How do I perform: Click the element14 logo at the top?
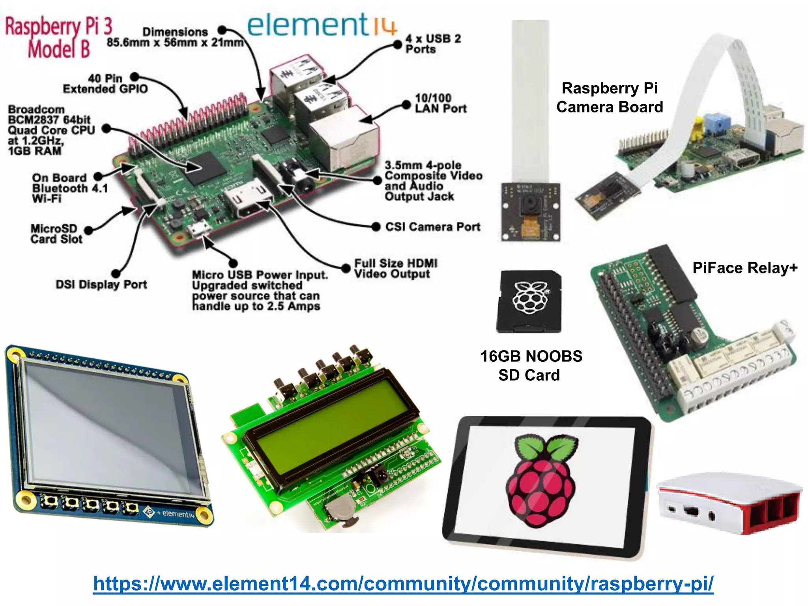[x=321, y=25]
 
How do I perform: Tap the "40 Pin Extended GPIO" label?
[x=105, y=84]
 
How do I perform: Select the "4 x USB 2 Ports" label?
[x=433, y=44]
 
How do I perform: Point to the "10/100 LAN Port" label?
[x=440, y=103]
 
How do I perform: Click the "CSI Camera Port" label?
[x=432, y=227]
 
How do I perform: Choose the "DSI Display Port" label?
[x=101, y=284]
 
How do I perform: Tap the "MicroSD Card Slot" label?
[x=56, y=234]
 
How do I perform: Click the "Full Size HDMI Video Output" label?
[x=395, y=269]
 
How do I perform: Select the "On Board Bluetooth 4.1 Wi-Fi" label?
[x=70, y=188]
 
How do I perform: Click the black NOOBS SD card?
[x=529, y=301]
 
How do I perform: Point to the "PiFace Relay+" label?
[x=745, y=268]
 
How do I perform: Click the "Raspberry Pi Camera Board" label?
[x=610, y=97]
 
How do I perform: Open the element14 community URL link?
[x=403, y=584]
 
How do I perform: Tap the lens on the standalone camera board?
[x=529, y=205]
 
